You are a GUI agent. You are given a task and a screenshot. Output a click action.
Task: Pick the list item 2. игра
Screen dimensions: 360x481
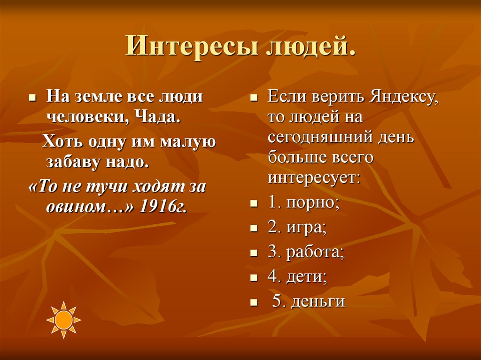pos(297,229)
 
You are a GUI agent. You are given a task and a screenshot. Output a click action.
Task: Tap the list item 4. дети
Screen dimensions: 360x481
pos(297,277)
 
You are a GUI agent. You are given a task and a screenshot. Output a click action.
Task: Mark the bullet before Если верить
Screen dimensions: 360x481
pos(253,100)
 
